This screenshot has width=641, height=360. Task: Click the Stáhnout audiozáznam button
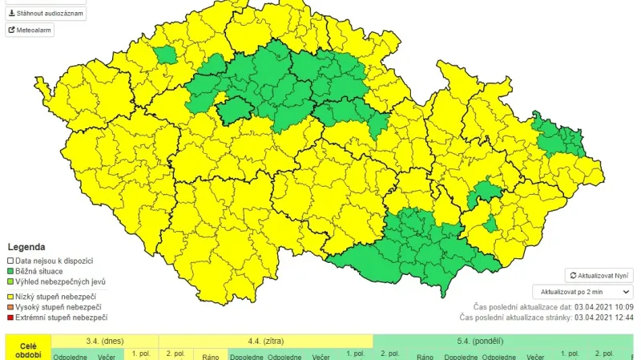46,14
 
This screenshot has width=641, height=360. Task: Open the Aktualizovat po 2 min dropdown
583,292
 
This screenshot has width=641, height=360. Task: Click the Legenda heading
26,247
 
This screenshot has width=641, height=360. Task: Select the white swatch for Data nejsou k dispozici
10,261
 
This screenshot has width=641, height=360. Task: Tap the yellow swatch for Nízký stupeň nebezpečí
10,297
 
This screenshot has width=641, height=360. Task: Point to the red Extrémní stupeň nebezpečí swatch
10,318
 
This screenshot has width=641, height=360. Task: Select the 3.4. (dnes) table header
105,341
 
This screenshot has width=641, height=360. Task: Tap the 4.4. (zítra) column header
265,341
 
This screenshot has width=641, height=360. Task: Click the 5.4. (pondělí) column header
481,341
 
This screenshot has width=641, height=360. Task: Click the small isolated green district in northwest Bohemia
166,55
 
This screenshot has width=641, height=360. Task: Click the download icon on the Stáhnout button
12,14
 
